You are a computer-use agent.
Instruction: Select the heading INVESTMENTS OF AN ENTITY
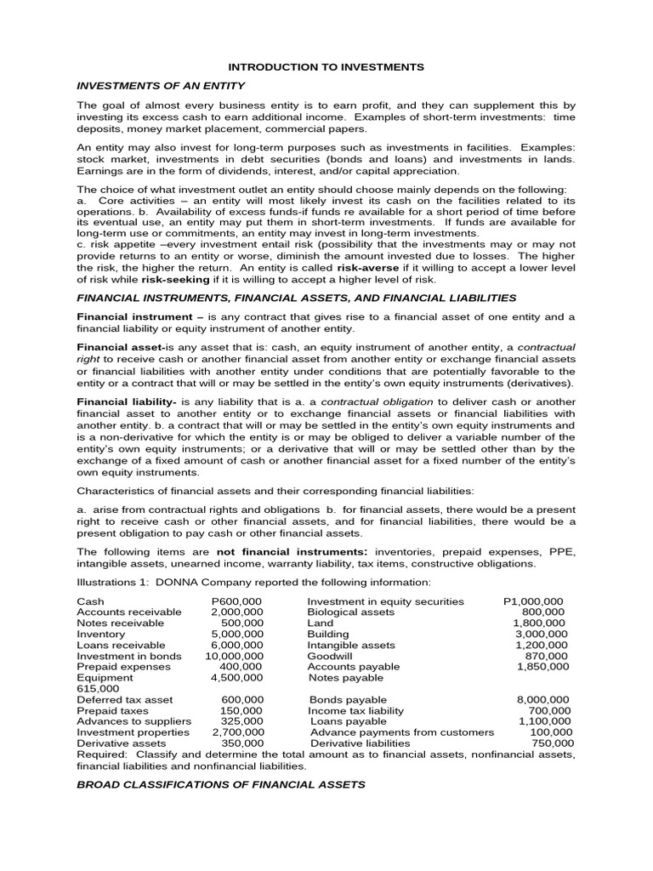161,86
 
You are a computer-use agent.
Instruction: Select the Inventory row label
100,634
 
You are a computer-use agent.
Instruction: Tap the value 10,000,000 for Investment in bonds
234,656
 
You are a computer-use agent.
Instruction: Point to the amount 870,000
546,656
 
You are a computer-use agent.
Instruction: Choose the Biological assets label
350,612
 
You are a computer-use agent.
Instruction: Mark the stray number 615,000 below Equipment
95,689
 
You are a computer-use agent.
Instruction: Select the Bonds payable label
347,700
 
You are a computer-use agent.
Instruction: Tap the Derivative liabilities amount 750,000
551,743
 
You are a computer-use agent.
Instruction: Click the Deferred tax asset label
124,700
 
